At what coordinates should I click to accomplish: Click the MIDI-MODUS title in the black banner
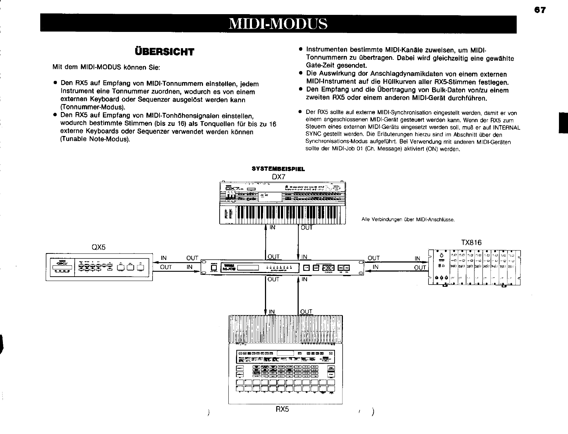[278, 24]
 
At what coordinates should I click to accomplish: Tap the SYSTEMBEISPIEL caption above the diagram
[278, 169]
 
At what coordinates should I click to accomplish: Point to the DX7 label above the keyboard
[279, 177]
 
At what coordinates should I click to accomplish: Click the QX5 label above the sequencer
[99, 247]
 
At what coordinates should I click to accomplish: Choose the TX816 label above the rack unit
[472, 243]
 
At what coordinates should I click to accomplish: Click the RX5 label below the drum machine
[282, 409]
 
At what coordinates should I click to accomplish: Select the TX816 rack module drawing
[474, 267]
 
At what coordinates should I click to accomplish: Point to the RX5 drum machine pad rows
[286, 385]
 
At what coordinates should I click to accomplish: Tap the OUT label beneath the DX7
[307, 228]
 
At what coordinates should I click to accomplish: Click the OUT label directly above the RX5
[306, 311]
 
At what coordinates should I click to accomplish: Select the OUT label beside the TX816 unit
[420, 268]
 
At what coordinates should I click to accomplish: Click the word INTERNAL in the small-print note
[503, 127]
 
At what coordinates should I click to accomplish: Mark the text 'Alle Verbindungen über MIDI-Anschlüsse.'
[408, 220]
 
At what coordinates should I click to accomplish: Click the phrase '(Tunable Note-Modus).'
[95, 140]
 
